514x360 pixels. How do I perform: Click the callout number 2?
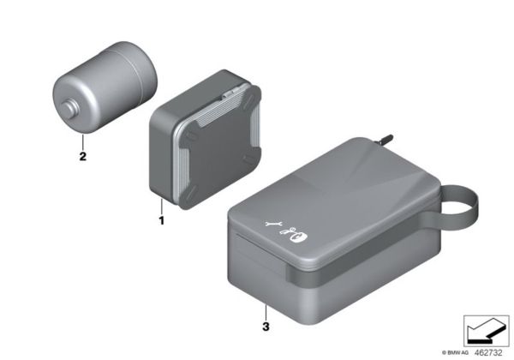(82, 158)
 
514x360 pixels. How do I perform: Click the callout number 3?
(266, 327)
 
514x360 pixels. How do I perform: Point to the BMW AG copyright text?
(455, 352)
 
